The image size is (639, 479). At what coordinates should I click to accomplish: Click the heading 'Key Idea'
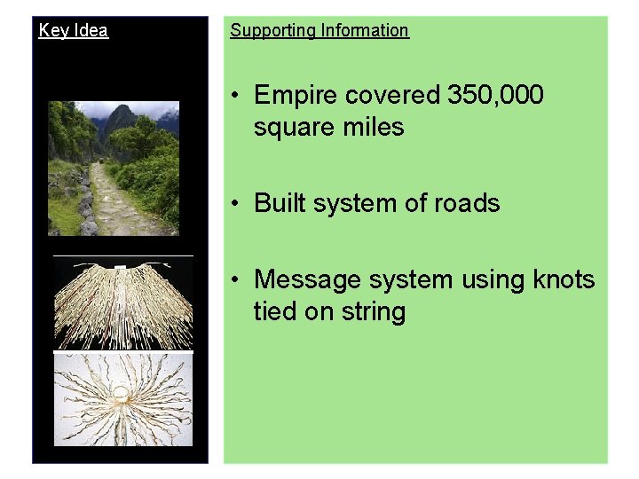[x=74, y=30]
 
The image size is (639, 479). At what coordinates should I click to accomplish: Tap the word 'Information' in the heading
[x=365, y=30]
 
